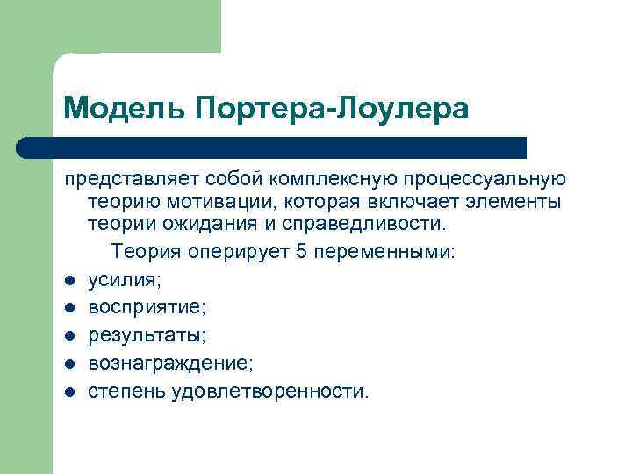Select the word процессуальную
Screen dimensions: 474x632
[485, 180]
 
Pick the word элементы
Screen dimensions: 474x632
[517, 204]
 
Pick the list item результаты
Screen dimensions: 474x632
[146, 335]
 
